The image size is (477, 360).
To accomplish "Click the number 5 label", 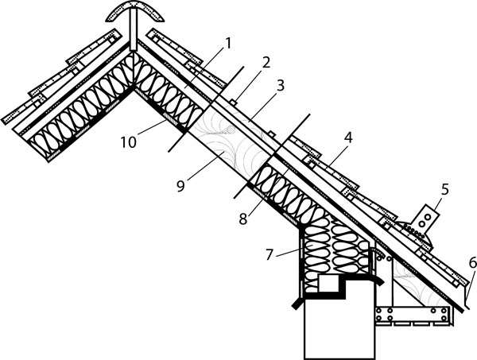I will pyautogui.click(x=444, y=189).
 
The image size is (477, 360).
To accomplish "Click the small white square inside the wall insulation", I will pyautogui.click(x=328, y=283).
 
